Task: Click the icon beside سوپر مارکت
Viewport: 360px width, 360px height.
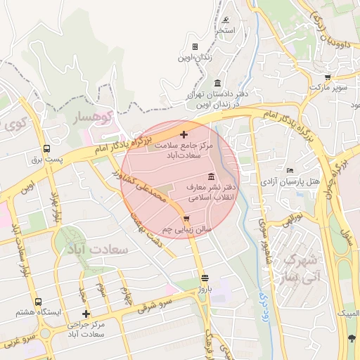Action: click(328, 77)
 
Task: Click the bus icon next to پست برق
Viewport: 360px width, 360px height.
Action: click(46, 148)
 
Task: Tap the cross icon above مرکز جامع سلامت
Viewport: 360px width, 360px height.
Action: click(184, 134)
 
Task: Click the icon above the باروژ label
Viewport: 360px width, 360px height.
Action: click(205, 277)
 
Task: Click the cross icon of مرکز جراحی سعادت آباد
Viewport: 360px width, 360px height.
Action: click(86, 314)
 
